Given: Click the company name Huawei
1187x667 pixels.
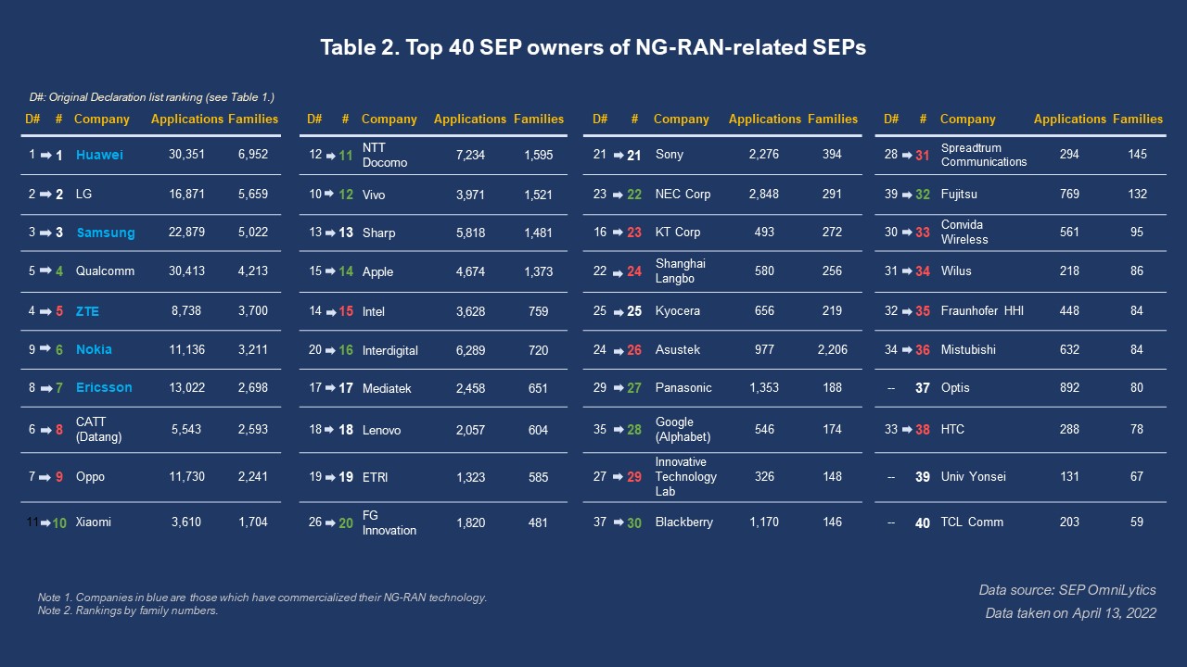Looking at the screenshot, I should [x=99, y=155].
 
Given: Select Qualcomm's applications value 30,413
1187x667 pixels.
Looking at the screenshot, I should [x=186, y=271].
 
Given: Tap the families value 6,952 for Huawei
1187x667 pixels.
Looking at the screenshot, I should [x=252, y=155].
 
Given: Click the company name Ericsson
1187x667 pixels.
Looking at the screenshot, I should [x=104, y=387].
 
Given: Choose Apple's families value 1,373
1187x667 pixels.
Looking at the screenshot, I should [x=538, y=271].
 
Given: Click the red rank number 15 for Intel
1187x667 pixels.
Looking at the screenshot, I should [x=346, y=311].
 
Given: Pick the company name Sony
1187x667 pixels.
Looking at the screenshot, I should [x=669, y=155].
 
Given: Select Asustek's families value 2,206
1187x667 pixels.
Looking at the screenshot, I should [x=832, y=350].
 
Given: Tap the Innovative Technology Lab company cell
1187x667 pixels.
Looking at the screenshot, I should [x=685, y=476].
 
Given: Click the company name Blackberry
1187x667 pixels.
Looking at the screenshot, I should [x=683, y=522].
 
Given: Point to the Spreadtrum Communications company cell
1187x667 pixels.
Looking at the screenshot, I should [x=983, y=155].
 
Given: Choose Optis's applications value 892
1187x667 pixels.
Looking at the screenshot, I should [x=1069, y=387].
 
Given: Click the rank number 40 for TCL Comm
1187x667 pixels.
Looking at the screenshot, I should [x=923, y=522].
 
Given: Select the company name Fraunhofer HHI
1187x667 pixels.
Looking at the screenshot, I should [x=982, y=311].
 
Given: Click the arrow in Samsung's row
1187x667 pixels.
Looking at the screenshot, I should [x=45, y=233].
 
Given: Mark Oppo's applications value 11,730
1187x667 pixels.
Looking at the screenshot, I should [x=186, y=476].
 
